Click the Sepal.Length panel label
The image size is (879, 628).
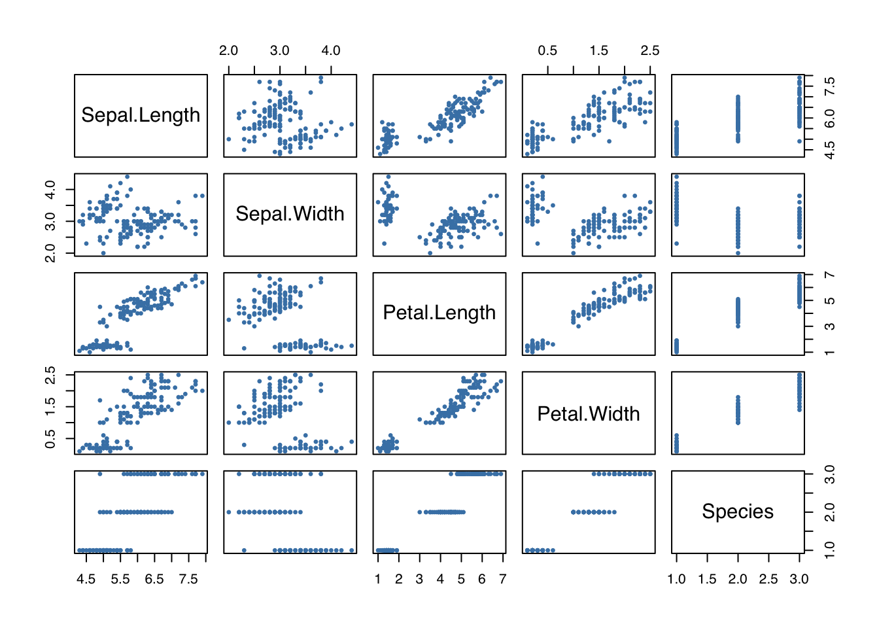[x=141, y=115]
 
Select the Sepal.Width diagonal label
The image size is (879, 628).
[x=290, y=214]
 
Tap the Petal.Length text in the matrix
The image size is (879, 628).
[x=439, y=313]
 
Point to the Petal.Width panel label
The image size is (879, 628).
[x=588, y=413]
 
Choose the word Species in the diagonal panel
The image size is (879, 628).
[x=737, y=512]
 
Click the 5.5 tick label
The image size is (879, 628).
[x=120, y=579]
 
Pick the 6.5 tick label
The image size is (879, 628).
[x=154, y=579]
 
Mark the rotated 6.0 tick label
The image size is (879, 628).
[x=829, y=118]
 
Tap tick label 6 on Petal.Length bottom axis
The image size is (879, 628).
[x=481, y=579]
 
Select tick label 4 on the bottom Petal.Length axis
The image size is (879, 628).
[x=440, y=579]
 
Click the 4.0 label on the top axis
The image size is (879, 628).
[x=331, y=50]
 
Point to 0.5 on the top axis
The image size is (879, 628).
[x=547, y=50]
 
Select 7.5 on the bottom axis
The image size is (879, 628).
[x=188, y=579]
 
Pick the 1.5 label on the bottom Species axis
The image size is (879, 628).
[x=707, y=579]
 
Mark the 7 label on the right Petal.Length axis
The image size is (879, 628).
[x=829, y=275]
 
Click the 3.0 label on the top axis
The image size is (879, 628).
[x=279, y=50]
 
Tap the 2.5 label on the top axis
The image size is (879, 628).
[x=649, y=50]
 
